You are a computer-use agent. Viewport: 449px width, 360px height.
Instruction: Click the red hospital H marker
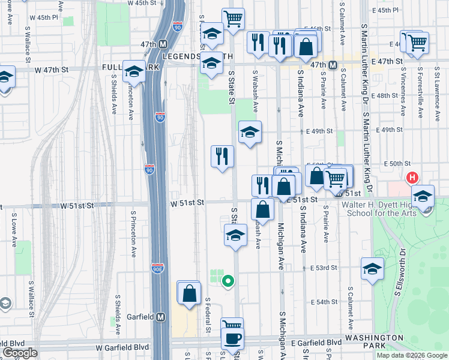coord(412,178)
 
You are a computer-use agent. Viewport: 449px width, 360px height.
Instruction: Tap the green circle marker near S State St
coord(228,280)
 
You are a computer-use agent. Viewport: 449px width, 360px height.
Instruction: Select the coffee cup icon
coord(232,338)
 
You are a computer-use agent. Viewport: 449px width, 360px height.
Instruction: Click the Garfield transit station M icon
coord(160,316)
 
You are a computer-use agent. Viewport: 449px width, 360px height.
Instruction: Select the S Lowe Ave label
coord(12,229)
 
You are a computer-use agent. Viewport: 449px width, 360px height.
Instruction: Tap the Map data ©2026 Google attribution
coord(411,355)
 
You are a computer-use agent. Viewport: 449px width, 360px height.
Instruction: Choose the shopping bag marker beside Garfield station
coord(189,293)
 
